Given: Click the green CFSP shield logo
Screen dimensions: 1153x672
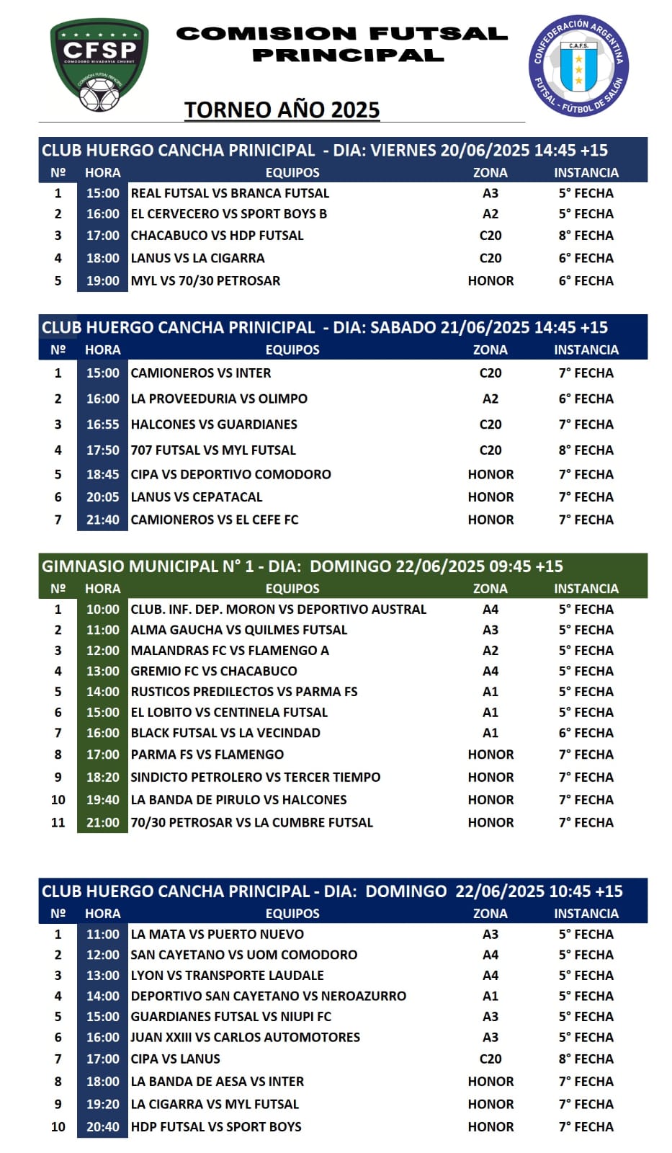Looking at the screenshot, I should [99, 65].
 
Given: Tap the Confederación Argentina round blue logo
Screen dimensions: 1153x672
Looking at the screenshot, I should [578, 66].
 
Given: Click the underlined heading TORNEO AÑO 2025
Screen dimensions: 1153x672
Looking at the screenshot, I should [282, 110].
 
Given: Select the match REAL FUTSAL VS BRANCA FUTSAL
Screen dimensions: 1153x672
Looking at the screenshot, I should [230, 193].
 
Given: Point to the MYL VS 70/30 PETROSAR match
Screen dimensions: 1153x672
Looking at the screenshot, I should [205, 281].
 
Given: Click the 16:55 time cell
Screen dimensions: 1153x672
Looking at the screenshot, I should [103, 424].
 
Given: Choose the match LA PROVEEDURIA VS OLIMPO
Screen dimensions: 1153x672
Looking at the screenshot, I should [219, 399].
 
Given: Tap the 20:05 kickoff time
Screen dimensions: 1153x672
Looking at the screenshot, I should [103, 497].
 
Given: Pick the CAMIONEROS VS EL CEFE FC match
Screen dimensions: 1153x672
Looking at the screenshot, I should [214, 520].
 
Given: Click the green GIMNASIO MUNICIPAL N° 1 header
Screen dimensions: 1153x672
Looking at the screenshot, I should [303, 566].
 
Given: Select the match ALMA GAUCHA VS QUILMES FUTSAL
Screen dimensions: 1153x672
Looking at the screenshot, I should [238, 630].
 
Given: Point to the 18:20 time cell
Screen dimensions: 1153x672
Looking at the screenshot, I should [103, 778].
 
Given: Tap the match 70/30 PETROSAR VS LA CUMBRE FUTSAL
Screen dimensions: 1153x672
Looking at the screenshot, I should [251, 823].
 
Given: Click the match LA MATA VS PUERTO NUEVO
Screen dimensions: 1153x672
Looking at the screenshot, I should [217, 935].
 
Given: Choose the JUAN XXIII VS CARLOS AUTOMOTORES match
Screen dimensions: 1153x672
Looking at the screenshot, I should [245, 1038].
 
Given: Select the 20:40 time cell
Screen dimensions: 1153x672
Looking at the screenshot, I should [103, 1127].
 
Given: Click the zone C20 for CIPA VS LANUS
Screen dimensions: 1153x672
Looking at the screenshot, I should [490, 1059].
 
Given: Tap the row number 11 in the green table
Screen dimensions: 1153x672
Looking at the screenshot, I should [58, 823].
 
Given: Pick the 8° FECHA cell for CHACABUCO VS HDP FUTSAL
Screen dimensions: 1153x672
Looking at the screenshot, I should [586, 236].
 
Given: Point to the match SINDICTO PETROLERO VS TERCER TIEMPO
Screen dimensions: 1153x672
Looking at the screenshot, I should [255, 778].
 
